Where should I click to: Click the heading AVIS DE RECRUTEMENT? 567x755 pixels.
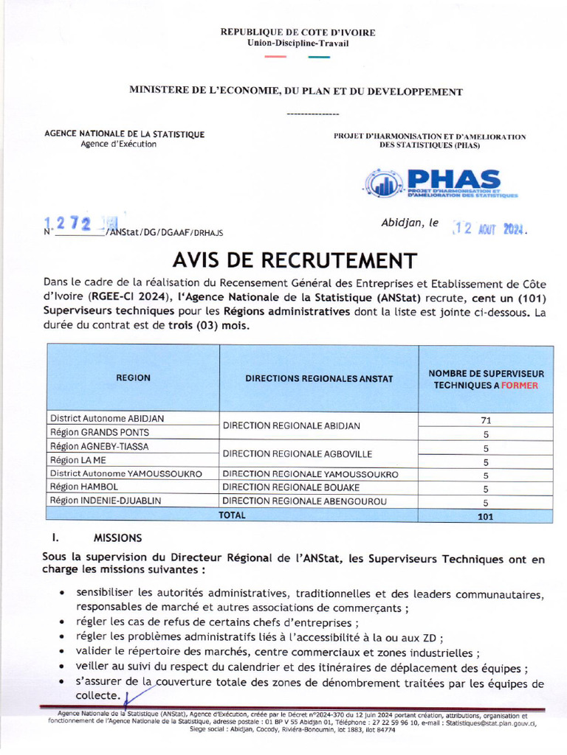pyautogui.click(x=295, y=260)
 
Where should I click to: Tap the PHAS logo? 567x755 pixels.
pyautogui.click(x=441, y=184)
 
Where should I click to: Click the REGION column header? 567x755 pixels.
pyautogui.click(x=133, y=377)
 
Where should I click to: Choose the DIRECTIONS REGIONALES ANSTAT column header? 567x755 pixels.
pyautogui.click(x=319, y=378)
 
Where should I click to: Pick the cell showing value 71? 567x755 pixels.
pyautogui.click(x=485, y=420)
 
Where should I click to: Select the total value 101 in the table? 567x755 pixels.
pyautogui.click(x=485, y=516)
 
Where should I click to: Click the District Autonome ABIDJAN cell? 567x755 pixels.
pyautogui.click(x=107, y=419)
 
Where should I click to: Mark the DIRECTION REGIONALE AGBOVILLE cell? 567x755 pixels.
pyautogui.click(x=297, y=453)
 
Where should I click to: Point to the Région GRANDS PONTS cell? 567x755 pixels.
pyautogui.click(x=99, y=432)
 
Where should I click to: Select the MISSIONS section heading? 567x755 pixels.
pyautogui.click(x=117, y=538)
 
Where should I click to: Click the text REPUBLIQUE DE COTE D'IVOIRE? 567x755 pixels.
pyautogui.click(x=298, y=32)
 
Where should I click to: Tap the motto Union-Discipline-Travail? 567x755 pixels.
pyautogui.click(x=298, y=44)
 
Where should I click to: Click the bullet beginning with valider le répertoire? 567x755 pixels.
pyautogui.click(x=277, y=653)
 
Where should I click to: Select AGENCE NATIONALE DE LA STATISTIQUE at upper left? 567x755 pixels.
pyautogui.click(x=125, y=134)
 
